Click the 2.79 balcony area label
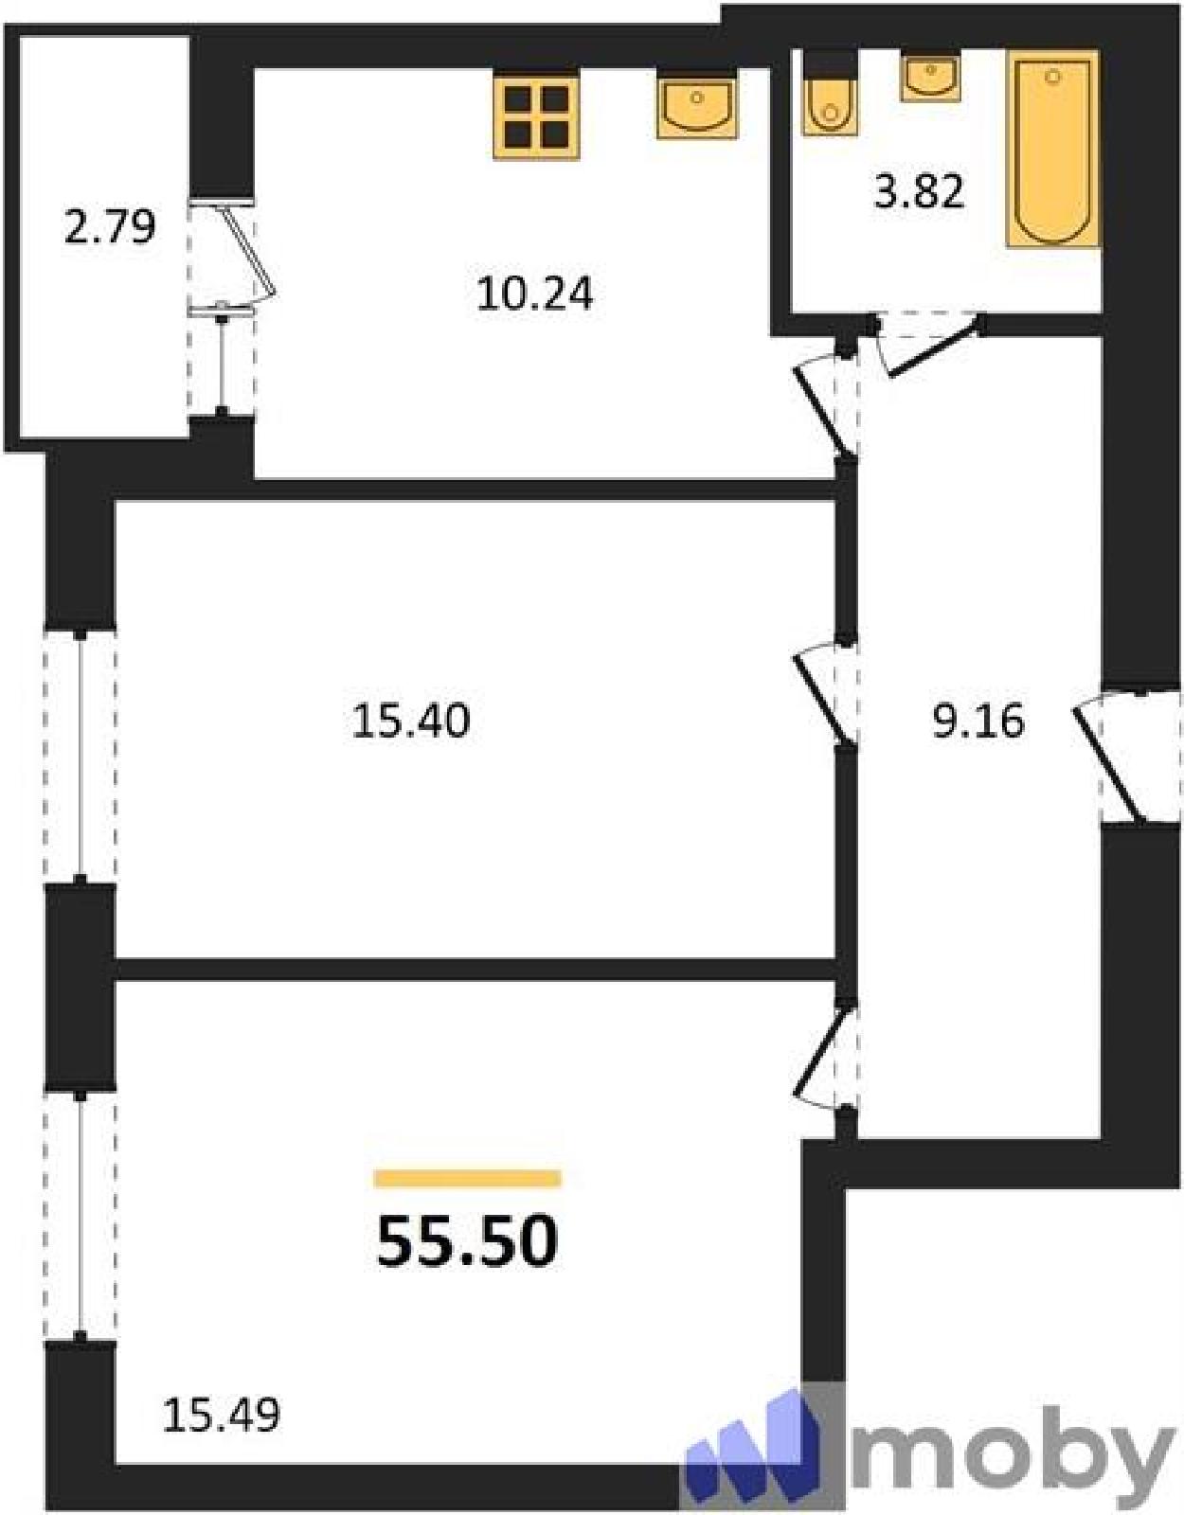pyautogui.click(x=109, y=227)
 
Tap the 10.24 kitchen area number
pyautogui.click(x=535, y=294)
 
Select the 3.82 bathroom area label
pyautogui.click(x=919, y=191)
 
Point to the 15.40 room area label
pyautogui.click(x=411, y=721)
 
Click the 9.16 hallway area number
pyautogui.click(x=978, y=721)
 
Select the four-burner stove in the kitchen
pyautogui.click(x=536, y=116)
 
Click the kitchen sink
pyautogui.click(x=696, y=105)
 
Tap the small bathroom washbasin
pyautogui.click(x=930, y=78)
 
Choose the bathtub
pyautogui.click(x=1053, y=149)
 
